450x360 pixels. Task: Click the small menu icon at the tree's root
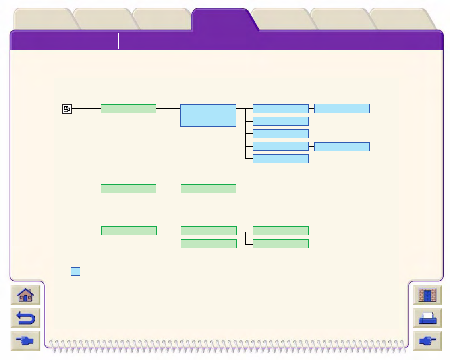67,109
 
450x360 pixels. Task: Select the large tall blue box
208,116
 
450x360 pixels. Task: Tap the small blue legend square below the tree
75,271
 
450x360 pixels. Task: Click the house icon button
25,295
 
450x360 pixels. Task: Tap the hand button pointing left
25,341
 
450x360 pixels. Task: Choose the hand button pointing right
427,341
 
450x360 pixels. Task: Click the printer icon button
427,318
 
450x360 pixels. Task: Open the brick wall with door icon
427,295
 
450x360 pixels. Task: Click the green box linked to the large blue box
128,109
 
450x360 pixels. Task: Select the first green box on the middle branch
128,189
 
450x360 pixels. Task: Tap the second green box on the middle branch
208,189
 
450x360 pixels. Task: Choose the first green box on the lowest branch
128,231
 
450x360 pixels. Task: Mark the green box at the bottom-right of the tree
280,244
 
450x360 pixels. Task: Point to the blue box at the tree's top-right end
342,109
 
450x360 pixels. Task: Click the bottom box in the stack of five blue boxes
280,159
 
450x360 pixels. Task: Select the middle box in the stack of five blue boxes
280,133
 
